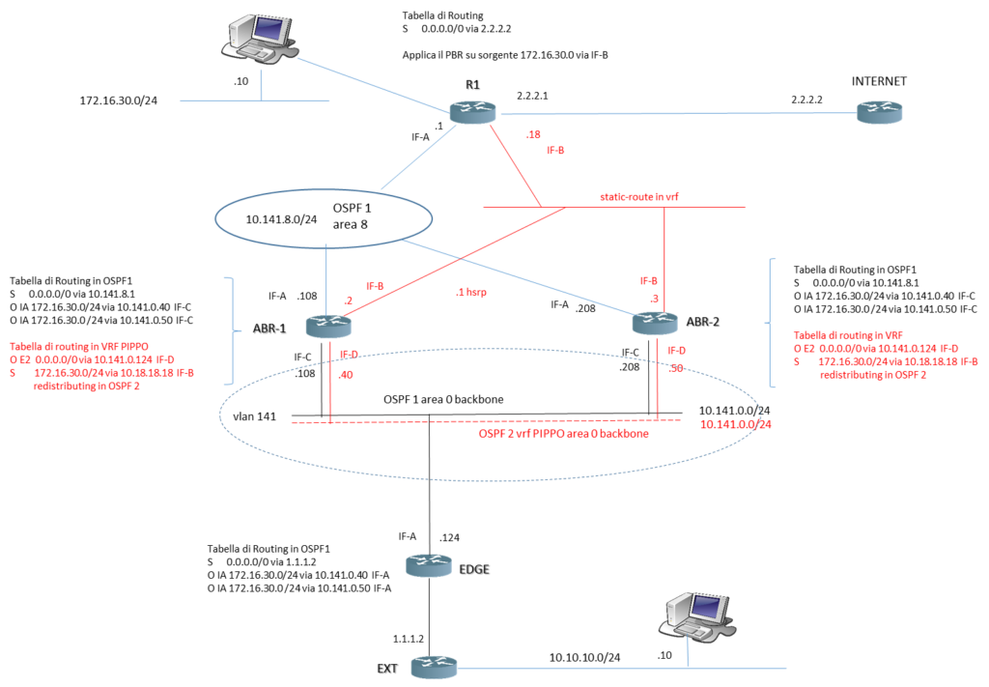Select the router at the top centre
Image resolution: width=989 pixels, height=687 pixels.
(x=472, y=111)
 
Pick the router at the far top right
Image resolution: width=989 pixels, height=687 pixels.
(x=880, y=112)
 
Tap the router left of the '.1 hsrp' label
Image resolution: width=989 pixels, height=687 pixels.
(x=328, y=326)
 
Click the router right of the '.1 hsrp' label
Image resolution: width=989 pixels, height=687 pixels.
(x=655, y=322)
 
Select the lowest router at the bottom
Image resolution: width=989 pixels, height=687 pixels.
(x=434, y=667)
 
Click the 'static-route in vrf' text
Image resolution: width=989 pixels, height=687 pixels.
(x=641, y=196)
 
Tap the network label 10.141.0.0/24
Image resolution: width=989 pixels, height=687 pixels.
(x=736, y=424)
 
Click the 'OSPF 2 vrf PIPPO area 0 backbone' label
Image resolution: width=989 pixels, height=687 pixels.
(x=563, y=435)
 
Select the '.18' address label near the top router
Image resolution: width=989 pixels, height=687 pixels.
(x=533, y=135)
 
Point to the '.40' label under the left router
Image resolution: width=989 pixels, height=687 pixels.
(x=347, y=375)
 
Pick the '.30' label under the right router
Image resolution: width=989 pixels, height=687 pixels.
(x=675, y=369)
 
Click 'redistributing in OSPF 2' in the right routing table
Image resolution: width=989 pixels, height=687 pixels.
(x=873, y=375)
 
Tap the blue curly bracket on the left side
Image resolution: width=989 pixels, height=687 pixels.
(x=232, y=329)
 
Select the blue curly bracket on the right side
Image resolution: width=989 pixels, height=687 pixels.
(x=772, y=322)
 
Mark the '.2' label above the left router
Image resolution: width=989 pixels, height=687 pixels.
(x=348, y=301)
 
